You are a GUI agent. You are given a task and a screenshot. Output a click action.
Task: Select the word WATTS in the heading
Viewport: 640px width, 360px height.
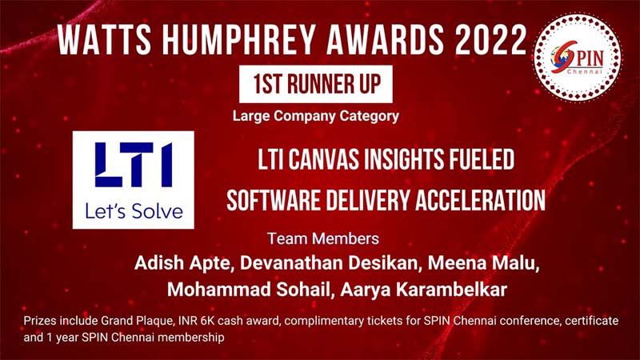pos(105,39)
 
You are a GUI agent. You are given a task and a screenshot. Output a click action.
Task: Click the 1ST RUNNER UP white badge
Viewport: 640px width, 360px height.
pos(316,84)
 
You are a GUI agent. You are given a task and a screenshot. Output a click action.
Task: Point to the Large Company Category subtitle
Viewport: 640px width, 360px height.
pos(316,116)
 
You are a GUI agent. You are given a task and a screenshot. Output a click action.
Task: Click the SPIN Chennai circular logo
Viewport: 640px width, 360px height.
pos(578,58)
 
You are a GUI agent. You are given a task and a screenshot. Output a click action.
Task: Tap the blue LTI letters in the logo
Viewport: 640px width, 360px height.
pos(134,165)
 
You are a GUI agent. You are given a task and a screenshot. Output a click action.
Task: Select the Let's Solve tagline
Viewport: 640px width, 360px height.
pos(134,211)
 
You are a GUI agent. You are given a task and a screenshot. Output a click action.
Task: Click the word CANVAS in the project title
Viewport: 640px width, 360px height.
pos(325,159)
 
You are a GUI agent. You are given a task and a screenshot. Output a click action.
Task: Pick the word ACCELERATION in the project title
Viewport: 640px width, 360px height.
pos(481,201)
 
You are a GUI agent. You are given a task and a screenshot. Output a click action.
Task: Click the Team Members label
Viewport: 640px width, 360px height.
pos(323,238)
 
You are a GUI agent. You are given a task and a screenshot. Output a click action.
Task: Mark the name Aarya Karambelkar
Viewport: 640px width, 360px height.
pos(424,290)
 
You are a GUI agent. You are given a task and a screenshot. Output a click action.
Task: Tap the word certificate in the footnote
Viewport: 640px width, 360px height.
pos(592,321)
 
